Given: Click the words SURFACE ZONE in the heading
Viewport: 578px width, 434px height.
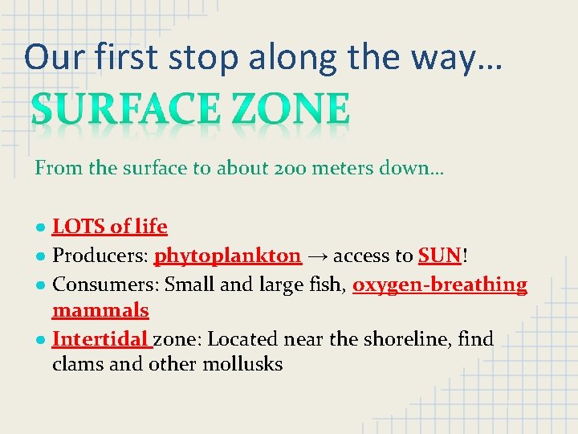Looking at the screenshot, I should click(x=190, y=110).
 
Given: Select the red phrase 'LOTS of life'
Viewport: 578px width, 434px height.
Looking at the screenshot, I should click(x=110, y=227).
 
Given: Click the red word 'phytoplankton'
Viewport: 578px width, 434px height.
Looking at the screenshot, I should click(x=228, y=256).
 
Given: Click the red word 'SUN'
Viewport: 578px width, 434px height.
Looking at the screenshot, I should click(x=438, y=256).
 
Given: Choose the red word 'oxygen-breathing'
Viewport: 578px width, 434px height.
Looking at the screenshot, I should click(x=440, y=285).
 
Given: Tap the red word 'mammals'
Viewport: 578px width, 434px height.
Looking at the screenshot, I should click(x=100, y=311).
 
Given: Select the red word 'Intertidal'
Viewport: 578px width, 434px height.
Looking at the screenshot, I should click(x=101, y=340).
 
